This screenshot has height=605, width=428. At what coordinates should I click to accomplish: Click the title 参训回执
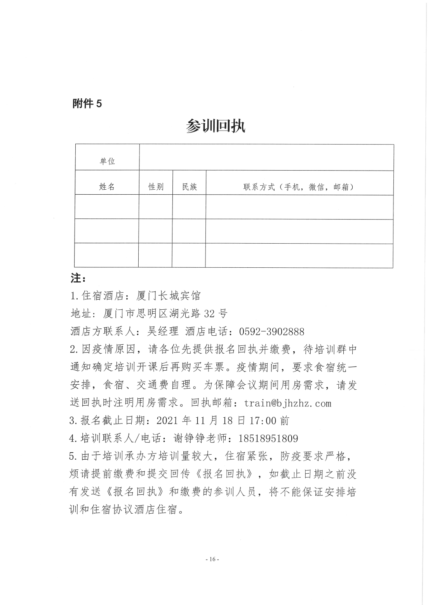pos(216,126)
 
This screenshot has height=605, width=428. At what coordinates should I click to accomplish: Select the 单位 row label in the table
pos(107,161)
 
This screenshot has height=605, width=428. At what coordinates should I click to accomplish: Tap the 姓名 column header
pos(107,187)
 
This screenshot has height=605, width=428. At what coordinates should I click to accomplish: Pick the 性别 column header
pos(156,187)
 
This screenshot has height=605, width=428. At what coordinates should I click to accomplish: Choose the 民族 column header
pos(190,187)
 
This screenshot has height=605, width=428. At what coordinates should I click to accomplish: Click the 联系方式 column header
pos(298,187)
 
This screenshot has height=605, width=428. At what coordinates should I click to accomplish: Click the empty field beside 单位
pos(266,157)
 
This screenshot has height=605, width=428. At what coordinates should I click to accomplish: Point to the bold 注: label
pos(78,278)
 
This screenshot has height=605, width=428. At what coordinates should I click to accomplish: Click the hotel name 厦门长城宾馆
pos(169,296)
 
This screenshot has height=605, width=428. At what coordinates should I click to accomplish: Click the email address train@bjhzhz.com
pos(287,403)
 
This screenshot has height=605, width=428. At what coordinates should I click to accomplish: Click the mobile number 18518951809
pos(268,439)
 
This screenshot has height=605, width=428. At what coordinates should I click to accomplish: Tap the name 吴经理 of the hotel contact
pos(163,331)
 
